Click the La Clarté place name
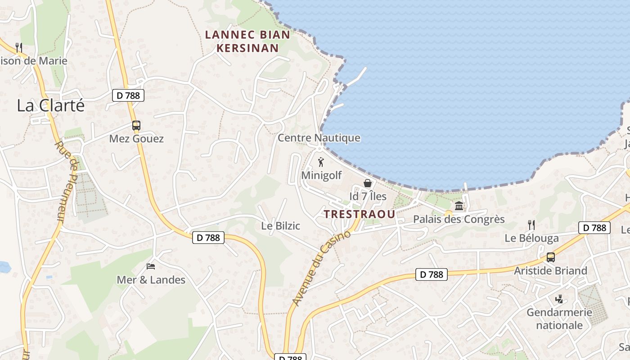click(51, 106)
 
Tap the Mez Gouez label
click(136, 139)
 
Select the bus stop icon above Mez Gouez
click(136, 126)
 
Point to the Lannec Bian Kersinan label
click(247, 41)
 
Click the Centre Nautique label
click(319, 138)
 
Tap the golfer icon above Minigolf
click(321, 162)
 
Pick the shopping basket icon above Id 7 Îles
click(368, 183)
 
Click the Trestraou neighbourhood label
click(359, 214)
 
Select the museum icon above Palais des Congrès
click(459, 206)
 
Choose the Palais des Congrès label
click(459, 220)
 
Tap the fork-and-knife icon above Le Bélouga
click(531, 225)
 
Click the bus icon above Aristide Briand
click(551, 257)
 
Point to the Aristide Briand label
click(551, 271)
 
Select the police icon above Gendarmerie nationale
click(559, 299)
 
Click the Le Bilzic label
click(280, 226)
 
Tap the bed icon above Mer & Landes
click(151, 266)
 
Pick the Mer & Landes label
click(151, 280)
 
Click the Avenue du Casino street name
click(321, 268)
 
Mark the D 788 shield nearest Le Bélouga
click(594, 228)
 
